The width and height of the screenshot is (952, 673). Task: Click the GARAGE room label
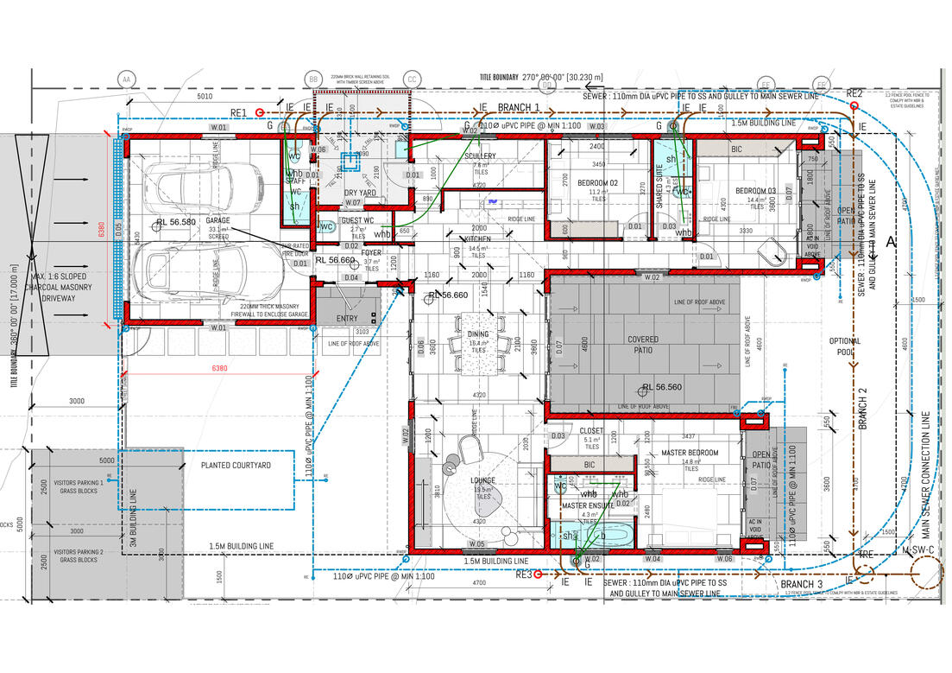[x=218, y=221]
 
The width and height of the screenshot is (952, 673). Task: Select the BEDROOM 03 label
[x=755, y=191]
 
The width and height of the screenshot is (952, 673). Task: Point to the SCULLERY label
[x=480, y=156]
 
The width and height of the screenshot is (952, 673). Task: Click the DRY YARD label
[x=361, y=193]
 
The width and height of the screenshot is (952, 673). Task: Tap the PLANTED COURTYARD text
[x=236, y=466]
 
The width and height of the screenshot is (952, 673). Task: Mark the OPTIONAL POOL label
[x=844, y=346]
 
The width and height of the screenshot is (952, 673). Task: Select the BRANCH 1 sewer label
[x=519, y=108]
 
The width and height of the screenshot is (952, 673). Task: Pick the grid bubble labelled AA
[x=127, y=79]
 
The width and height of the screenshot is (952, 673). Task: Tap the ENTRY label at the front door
[x=346, y=319]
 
